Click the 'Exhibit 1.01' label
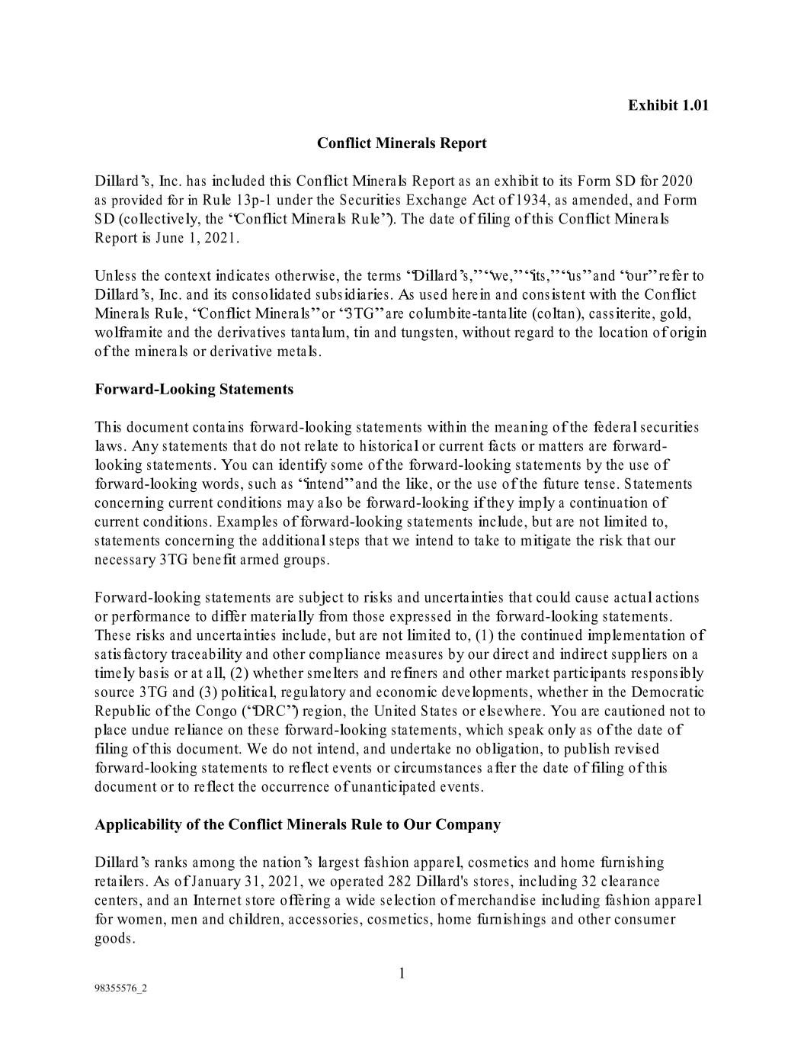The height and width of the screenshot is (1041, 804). [668, 105]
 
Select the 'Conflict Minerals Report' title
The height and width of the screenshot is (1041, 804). [402, 143]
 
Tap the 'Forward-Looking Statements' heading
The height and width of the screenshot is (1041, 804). [194, 390]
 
